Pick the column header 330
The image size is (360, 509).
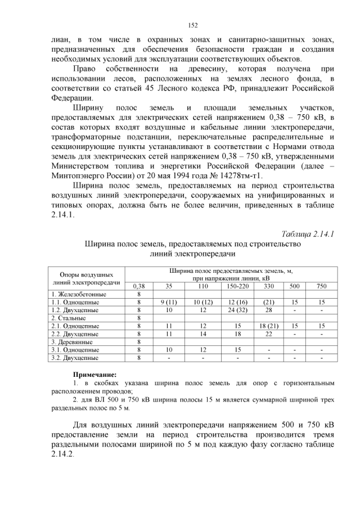(x=268, y=286)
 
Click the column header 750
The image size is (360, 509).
(x=321, y=286)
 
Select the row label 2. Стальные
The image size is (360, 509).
(x=67, y=318)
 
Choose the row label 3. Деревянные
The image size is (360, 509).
(x=71, y=341)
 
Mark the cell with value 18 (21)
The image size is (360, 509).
(x=268, y=326)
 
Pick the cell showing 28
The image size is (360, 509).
(x=268, y=310)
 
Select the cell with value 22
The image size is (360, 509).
(x=268, y=334)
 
